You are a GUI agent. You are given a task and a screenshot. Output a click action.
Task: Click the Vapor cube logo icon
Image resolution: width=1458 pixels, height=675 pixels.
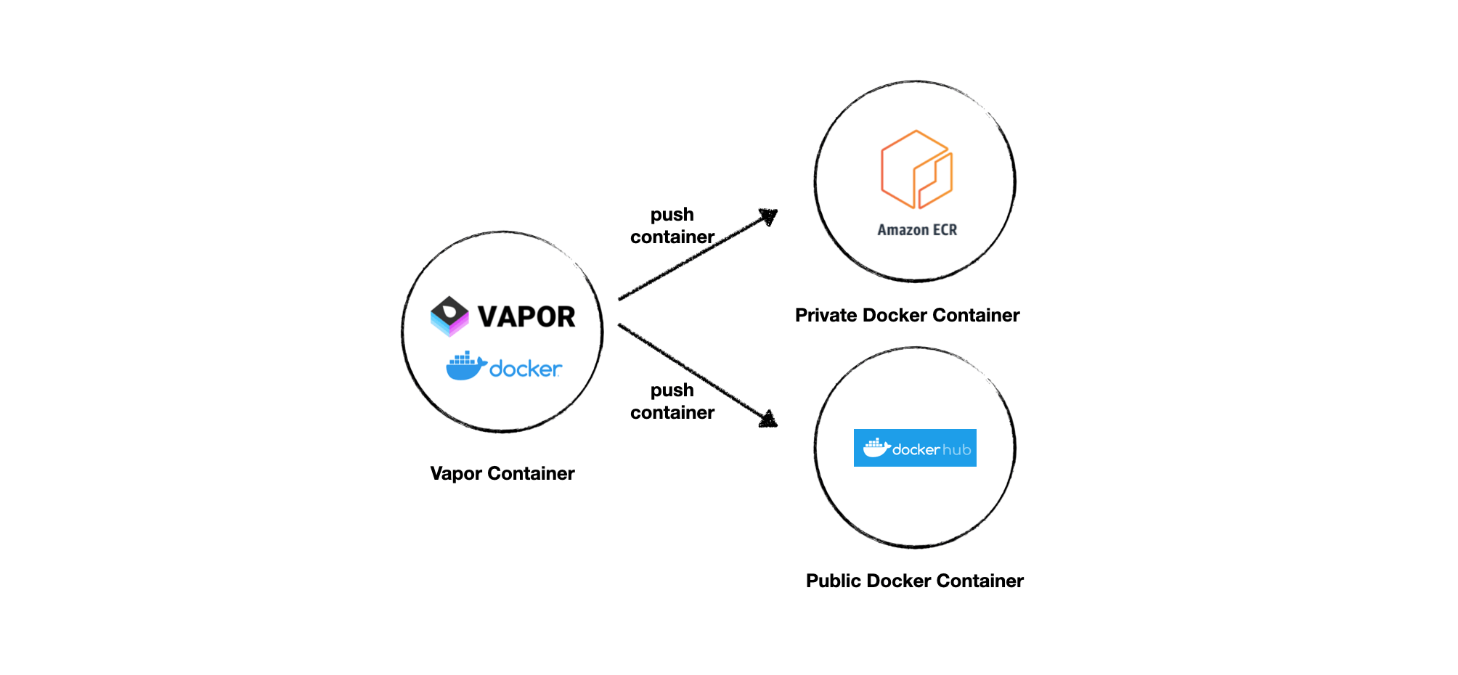coord(449,316)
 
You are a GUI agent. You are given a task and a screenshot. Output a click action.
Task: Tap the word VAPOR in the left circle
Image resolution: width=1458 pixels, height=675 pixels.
coord(526,317)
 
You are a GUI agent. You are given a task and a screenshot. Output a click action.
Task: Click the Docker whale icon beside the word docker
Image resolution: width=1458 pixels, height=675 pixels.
coord(465,366)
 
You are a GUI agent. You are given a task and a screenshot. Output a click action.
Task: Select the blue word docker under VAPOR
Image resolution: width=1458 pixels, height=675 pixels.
coord(525,369)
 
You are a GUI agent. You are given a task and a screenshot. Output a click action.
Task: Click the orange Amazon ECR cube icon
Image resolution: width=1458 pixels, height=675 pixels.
coord(916,169)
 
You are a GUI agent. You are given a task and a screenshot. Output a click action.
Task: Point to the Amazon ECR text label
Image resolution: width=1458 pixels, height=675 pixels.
coord(917,230)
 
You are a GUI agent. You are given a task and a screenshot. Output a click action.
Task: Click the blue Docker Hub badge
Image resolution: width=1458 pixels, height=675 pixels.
coord(915,448)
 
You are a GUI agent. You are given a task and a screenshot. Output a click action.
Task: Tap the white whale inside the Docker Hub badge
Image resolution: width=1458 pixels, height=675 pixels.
coord(876,448)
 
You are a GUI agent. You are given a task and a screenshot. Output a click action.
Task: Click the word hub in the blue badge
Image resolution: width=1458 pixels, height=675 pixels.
coord(956,450)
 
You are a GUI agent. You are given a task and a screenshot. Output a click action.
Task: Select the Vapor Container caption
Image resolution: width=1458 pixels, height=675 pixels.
coord(502,473)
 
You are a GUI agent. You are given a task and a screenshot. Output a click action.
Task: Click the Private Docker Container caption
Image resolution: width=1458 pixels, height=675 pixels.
coord(907,315)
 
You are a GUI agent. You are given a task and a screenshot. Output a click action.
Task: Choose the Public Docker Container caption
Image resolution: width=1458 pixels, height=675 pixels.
coord(914,581)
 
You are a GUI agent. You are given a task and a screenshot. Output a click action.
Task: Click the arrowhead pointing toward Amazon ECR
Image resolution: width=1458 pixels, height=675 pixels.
coord(769,217)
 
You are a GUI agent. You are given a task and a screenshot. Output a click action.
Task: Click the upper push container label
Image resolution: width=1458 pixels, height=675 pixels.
coord(672,226)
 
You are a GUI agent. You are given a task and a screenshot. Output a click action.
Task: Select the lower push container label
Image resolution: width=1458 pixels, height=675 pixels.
coord(672,401)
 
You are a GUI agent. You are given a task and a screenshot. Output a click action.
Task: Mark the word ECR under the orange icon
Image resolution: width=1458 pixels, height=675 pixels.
coord(945,230)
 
